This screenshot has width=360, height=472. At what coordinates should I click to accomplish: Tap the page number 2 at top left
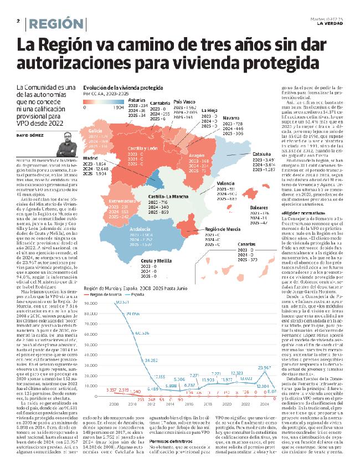[18, 21]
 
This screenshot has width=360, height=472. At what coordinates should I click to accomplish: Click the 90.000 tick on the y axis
[91, 303]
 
